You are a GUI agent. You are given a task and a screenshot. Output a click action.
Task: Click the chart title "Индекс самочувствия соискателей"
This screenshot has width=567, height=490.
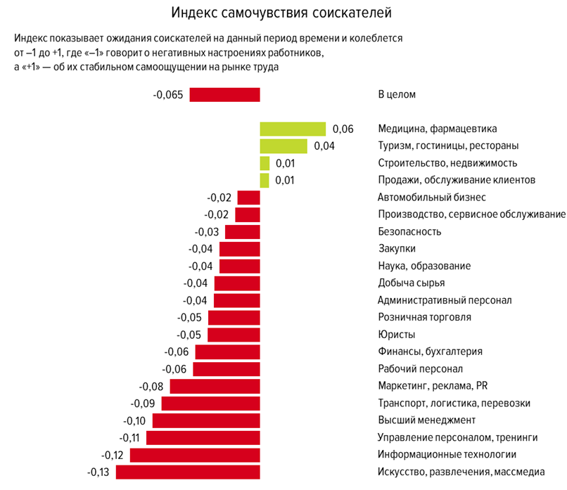point(281,13)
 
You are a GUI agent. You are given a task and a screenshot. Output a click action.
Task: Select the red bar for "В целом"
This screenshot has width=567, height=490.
point(224,94)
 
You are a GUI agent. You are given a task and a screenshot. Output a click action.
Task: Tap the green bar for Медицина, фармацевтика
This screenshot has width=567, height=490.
point(293,129)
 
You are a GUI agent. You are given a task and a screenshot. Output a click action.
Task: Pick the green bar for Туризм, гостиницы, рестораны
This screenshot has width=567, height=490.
point(283,146)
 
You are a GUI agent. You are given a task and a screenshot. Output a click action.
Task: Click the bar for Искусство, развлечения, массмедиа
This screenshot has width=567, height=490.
point(188,472)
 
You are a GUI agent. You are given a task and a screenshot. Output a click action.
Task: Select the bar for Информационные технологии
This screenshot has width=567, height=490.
point(195,455)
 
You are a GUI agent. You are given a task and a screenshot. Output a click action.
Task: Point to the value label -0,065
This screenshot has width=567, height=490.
point(168,94)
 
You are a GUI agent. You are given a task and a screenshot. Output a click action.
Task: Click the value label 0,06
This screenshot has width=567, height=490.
point(343,129)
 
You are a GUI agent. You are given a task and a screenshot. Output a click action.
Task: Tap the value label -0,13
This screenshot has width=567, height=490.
point(98,472)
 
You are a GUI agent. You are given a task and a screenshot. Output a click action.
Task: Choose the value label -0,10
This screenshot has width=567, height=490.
point(134,420)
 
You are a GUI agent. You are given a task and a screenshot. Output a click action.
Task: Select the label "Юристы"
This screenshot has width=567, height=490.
point(396,335)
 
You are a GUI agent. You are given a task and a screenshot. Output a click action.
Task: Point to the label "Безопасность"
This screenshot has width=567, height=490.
point(409,231)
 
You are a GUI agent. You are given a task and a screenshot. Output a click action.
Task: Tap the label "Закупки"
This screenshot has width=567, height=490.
point(397,248)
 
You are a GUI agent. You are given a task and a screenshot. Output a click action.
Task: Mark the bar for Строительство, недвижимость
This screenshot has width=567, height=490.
point(265,163)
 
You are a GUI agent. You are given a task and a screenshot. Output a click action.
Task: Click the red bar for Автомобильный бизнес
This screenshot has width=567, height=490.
point(248,198)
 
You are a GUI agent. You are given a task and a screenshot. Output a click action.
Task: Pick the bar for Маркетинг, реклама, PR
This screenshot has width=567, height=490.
point(215,386)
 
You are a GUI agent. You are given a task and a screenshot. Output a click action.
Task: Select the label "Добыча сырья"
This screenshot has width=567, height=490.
point(412,283)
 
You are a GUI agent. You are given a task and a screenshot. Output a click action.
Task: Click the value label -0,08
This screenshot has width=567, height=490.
point(151,386)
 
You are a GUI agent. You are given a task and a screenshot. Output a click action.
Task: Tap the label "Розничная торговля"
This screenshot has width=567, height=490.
point(424,317)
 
